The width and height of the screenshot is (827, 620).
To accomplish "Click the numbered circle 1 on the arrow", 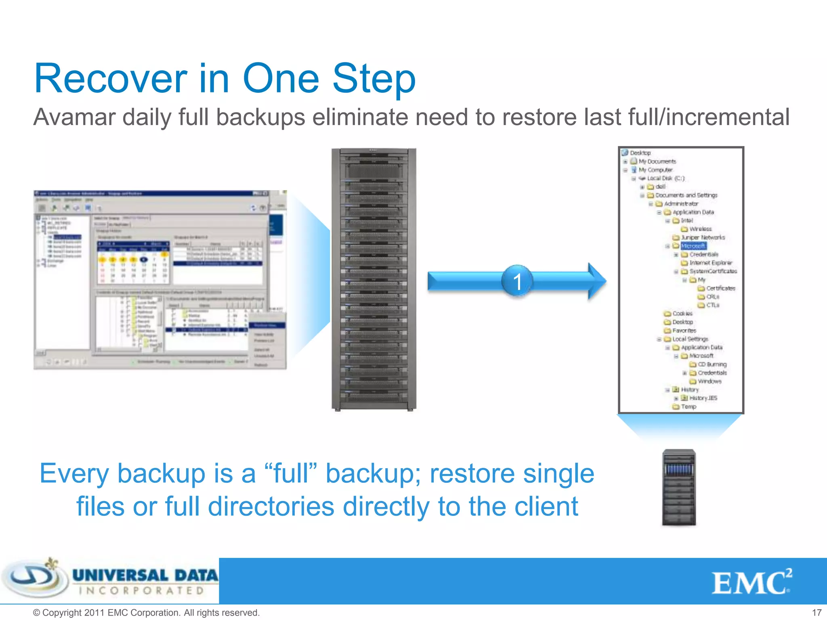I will (x=517, y=281).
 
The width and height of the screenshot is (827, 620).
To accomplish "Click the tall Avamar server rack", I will (x=374, y=279).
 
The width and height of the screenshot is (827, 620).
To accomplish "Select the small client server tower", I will (x=679, y=487).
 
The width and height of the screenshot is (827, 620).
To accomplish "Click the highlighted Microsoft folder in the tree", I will (x=693, y=246).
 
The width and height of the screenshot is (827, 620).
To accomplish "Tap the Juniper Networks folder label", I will (x=703, y=237).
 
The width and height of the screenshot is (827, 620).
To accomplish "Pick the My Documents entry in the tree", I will (x=657, y=161).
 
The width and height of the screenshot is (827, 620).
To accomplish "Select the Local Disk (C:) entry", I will (x=665, y=178).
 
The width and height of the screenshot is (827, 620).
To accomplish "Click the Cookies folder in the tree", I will (x=682, y=314).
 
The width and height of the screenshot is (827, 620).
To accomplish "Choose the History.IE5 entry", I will (x=703, y=398).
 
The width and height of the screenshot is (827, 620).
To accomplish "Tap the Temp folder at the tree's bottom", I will (x=688, y=406).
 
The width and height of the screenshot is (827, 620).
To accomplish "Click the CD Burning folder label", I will (x=712, y=364).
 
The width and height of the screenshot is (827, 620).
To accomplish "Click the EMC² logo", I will (x=751, y=582).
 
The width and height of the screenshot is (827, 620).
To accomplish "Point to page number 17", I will (x=817, y=612).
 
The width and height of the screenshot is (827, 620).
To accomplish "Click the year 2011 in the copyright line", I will (x=95, y=612).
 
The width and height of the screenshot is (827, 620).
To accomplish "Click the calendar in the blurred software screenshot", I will (x=133, y=262).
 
